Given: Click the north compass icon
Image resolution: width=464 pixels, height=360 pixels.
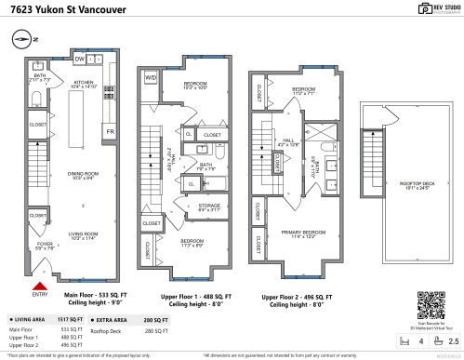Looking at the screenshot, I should pyautogui.click(x=22, y=40).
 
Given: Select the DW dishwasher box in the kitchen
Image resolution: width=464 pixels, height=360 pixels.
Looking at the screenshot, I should pyautogui.click(x=81, y=59).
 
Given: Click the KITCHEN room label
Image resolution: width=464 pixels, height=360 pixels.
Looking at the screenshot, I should pyautogui.click(x=85, y=82).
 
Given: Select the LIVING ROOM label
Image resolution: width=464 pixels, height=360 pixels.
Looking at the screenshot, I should pyautogui.click(x=85, y=234).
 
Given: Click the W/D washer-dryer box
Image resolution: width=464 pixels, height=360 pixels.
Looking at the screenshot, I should pyautogui.click(x=150, y=78).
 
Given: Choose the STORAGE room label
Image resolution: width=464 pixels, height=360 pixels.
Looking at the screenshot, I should pyautogui.click(x=209, y=206).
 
